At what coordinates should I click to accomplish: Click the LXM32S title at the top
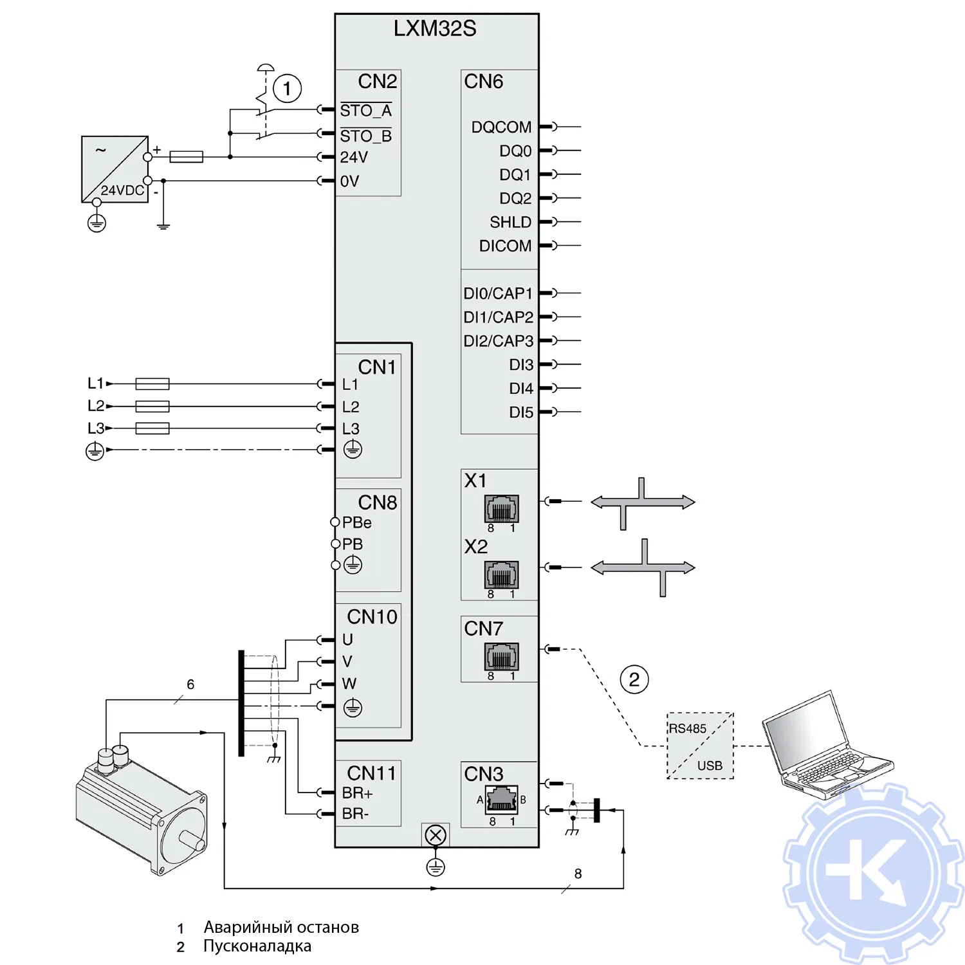(x=435, y=29)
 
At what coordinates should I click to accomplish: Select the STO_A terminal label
(x=365, y=111)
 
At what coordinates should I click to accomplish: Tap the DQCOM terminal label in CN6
(x=501, y=127)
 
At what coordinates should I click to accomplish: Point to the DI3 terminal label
(x=521, y=365)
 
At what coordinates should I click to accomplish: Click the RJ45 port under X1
(x=501, y=508)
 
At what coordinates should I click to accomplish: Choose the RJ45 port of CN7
(x=501, y=656)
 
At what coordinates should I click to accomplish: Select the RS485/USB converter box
(x=700, y=746)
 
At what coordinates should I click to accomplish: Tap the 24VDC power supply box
(x=115, y=169)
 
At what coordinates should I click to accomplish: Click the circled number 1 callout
(x=287, y=88)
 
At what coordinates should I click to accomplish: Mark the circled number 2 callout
(x=634, y=679)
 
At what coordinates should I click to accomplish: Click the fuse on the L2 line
(x=152, y=406)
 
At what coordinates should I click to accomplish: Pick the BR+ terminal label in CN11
(x=357, y=793)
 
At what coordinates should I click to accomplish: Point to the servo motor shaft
(x=192, y=840)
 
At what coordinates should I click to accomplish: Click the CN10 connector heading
(x=372, y=617)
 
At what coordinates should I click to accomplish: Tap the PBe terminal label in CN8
(x=356, y=522)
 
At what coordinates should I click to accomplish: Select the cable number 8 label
(x=578, y=874)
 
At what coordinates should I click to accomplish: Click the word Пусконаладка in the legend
(x=257, y=946)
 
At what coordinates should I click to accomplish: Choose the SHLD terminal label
(x=510, y=222)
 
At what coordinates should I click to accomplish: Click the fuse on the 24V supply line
(x=186, y=156)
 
